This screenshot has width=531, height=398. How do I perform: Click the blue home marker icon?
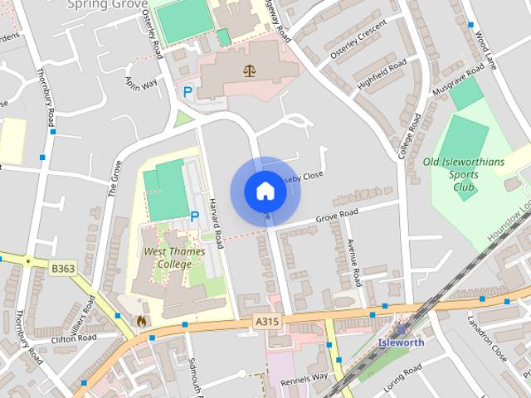click(265, 192)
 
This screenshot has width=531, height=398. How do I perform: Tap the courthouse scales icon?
click(249, 70)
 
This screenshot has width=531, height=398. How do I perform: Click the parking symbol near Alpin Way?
click(188, 92)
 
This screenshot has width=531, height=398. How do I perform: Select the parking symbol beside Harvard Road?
click(195, 216)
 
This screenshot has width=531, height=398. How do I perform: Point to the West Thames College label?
click(168, 257)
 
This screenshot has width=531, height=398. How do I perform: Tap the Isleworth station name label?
click(401, 342)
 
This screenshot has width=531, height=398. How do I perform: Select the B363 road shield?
click(62, 269)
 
